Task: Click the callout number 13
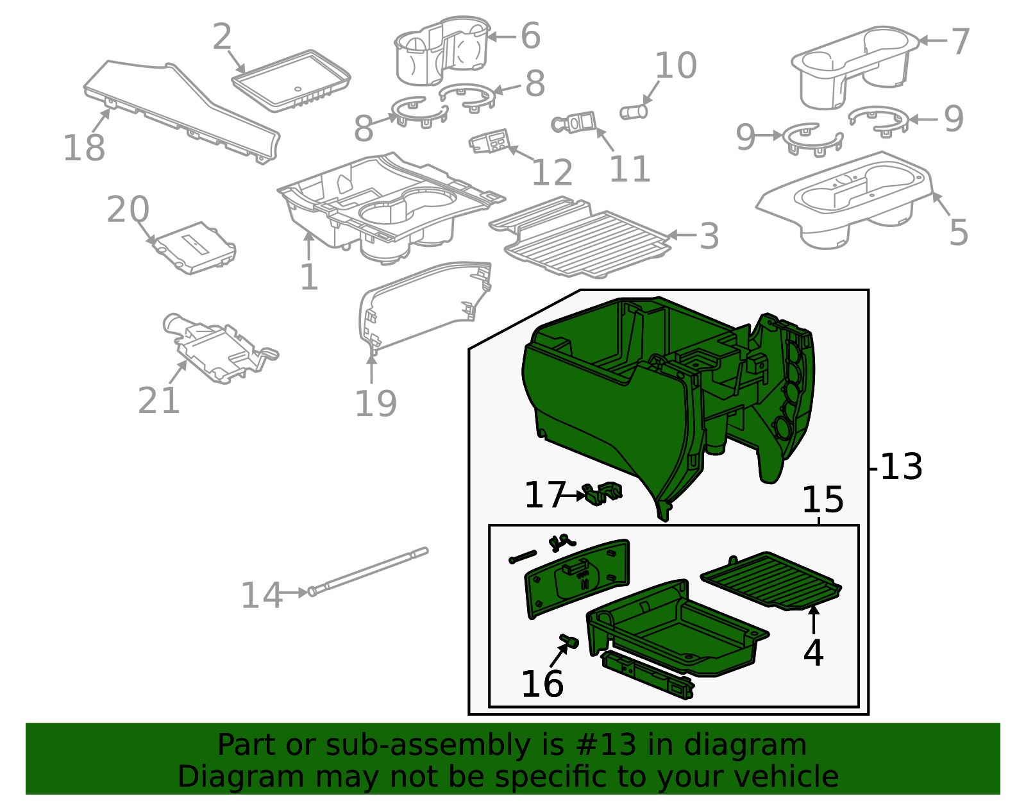tap(901, 467)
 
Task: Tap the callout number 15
tap(823, 500)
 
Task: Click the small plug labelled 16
tap(569, 641)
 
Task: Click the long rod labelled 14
tap(369, 570)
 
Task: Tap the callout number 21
tap(158, 401)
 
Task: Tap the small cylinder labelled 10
tap(634, 112)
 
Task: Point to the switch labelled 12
tap(490, 142)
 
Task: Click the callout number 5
tap(958, 232)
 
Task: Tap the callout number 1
tap(309, 277)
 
